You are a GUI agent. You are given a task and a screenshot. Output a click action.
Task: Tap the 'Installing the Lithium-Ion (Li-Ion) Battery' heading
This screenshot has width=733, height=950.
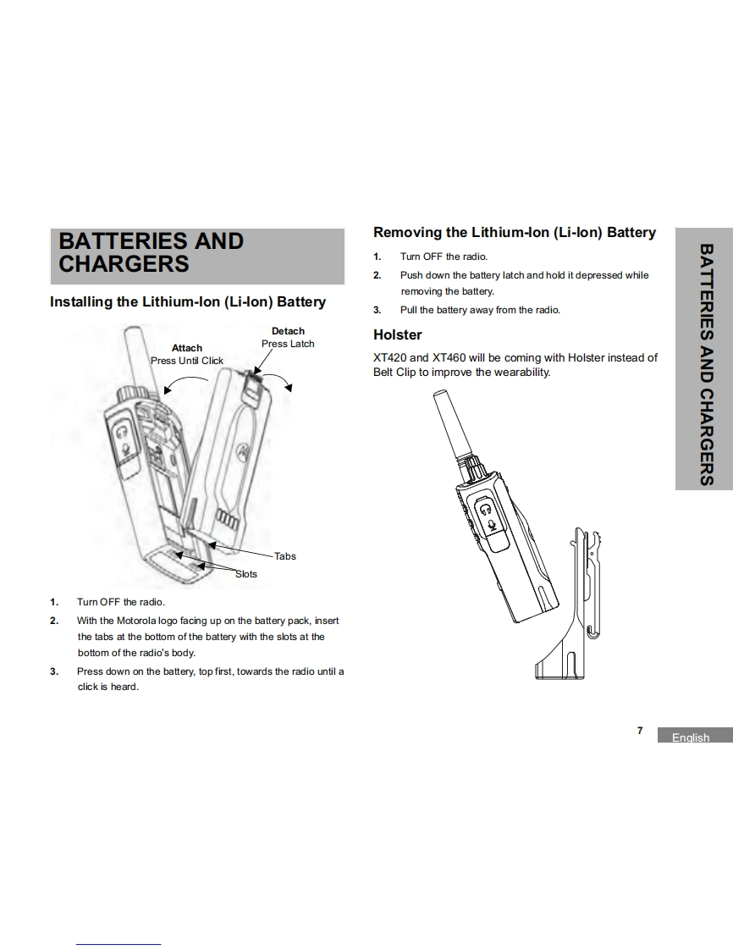click(188, 301)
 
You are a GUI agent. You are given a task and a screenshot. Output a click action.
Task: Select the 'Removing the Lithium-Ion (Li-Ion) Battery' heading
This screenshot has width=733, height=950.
click(515, 232)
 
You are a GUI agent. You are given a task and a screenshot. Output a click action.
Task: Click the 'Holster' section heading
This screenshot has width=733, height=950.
click(397, 334)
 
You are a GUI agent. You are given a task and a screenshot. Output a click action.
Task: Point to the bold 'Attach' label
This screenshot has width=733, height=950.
click(187, 348)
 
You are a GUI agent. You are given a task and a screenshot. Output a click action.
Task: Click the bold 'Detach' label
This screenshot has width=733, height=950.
click(288, 331)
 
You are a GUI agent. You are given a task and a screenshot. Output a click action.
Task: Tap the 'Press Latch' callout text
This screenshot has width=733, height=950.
click(288, 344)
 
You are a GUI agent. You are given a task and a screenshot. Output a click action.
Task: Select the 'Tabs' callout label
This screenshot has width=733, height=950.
click(285, 556)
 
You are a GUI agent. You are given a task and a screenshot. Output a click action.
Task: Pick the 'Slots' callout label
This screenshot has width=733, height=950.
click(245, 574)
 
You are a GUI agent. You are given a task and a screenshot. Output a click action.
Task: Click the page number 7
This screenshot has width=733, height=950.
click(640, 731)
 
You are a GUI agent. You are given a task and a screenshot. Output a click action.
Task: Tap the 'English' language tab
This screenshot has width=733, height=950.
click(691, 737)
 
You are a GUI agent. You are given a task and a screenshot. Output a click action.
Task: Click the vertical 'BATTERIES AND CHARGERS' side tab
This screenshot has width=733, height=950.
click(703, 365)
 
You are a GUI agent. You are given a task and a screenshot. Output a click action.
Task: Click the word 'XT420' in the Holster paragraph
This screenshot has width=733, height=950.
click(389, 357)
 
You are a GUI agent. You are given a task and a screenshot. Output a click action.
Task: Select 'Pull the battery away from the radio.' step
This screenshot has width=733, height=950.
click(480, 310)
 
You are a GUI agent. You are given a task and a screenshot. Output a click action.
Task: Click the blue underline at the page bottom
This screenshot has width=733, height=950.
click(118, 943)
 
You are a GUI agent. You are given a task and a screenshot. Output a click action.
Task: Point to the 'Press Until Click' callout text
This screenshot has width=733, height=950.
click(187, 361)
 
